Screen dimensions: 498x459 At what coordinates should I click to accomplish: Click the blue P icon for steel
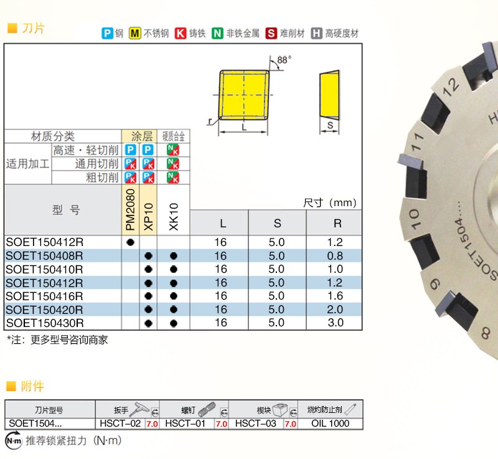[x=107, y=34]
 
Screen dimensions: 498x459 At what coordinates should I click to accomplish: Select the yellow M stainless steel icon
[x=134, y=34]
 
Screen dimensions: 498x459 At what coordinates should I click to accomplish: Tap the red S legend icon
[x=271, y=34]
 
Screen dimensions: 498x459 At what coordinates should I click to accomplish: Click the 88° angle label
[x=284, y=60]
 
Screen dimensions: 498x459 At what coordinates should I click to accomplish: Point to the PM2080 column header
[x=130, y=210]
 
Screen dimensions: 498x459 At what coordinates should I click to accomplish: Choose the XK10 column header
[x=174, y=217]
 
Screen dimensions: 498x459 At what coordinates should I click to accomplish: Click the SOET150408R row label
[x=44, y=256]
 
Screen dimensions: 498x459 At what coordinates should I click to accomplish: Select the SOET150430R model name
[x=45, y=323]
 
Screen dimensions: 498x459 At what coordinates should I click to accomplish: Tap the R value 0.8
[x=335, y=256]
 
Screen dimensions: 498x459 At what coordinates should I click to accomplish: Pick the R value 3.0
[x=336, y=323]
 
